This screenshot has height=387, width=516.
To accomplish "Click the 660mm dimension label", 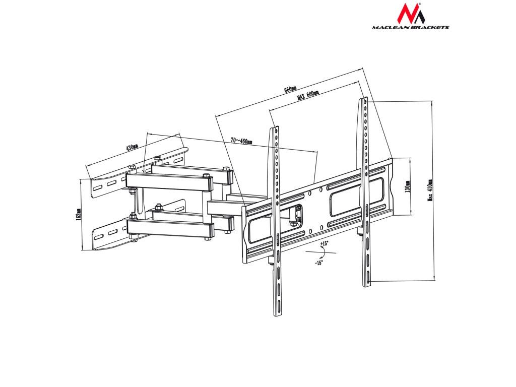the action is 290,90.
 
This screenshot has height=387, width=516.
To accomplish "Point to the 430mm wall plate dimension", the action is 132,148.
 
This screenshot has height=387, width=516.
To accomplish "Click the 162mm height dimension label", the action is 79,215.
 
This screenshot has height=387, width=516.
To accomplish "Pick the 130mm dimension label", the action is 408,186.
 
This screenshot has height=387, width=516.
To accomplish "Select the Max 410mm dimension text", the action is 430,189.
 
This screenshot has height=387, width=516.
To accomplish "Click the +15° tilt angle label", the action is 324,243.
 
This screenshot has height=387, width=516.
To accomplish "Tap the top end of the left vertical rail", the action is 275,130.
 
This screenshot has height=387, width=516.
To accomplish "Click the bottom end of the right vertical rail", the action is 367,284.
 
